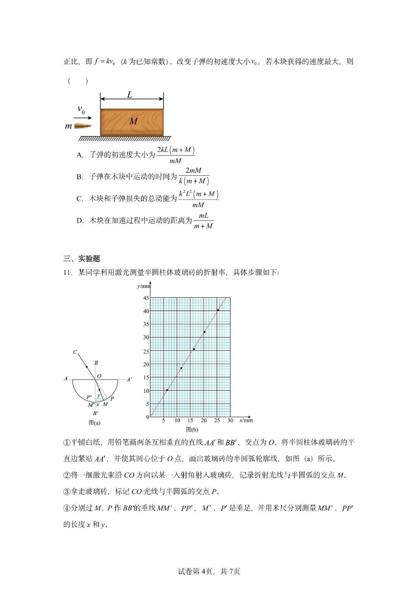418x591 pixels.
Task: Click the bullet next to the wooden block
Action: (82, 126)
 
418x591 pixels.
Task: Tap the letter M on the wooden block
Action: (134, 121)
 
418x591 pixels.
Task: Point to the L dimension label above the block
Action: (130, 94)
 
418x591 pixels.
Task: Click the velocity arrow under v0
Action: (83, 118)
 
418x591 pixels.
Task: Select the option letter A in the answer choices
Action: (80, 155)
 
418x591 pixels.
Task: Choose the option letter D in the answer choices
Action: (80, 221)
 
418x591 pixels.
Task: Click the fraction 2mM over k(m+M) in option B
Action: (194, 176)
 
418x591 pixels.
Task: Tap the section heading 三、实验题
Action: (82, 259)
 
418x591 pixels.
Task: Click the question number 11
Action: (68, 272)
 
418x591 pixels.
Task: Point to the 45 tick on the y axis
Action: (146, 298)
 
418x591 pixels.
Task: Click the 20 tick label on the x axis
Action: (204, 420)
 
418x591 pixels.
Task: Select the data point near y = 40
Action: (218, 310)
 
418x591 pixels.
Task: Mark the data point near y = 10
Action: (167, 390)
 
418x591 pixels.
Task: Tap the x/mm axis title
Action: (246, 420)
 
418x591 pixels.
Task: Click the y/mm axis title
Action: (143, 286)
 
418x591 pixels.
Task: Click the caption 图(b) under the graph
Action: (192, 430)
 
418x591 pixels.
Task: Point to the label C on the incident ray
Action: (75, 352)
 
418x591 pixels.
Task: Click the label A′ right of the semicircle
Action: (129, 380)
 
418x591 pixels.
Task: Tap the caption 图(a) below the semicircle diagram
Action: (94, 423)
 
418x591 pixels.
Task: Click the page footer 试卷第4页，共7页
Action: (209, 571)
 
